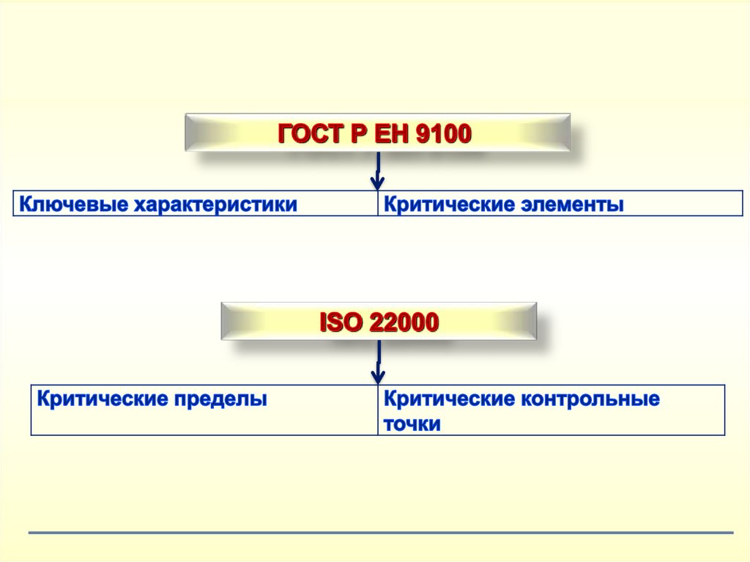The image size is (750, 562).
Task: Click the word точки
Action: (412, 424)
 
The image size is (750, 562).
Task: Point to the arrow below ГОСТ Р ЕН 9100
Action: (378, 172)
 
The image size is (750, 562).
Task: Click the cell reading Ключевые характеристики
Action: (196, 204)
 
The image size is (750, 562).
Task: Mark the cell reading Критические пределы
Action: (204, 410)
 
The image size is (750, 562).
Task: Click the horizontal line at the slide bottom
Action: (381, 533)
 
